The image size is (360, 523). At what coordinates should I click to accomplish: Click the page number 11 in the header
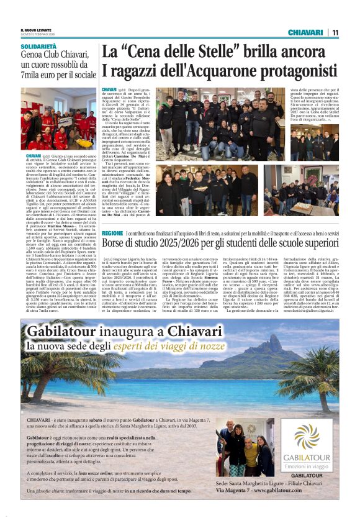pos(335,32)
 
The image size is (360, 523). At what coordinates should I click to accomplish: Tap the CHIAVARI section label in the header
pos(306,32)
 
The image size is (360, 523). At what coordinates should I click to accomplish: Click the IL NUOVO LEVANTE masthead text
pos(36,30)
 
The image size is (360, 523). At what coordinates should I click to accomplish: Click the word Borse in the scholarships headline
pos(116,242)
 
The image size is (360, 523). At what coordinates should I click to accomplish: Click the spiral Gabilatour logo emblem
pos(306,437)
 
